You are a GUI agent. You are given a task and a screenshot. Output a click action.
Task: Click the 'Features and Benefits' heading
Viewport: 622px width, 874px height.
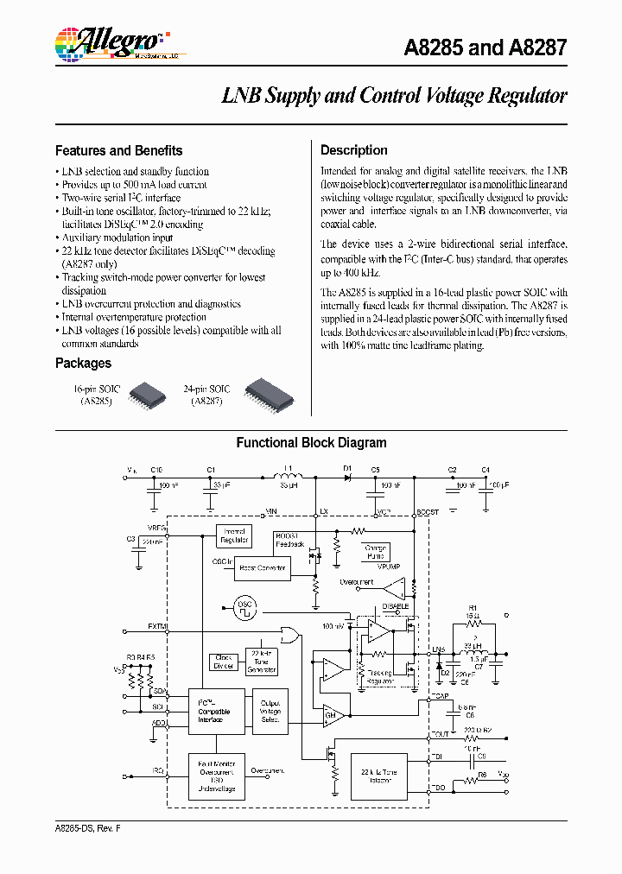[x=118, y=150]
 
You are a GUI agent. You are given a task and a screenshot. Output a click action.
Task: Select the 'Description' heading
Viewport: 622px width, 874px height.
[x=353, y=150]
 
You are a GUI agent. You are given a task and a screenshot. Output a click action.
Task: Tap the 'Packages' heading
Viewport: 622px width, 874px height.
[x=83, y=364]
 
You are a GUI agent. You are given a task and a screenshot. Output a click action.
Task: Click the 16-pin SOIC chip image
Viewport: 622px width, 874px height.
[x=147, y=395]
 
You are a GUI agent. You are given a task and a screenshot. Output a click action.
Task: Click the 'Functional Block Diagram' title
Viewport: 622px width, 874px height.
[x=311, y=443]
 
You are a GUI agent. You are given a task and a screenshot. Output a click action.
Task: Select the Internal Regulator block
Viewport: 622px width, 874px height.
[x=234, y=536]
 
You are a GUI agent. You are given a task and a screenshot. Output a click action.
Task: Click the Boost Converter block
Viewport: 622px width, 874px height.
[x=262, y=567]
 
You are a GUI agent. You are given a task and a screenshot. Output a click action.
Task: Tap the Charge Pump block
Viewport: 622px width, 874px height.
[x=376, y=552]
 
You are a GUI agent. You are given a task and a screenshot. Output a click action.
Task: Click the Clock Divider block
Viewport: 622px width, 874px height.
[x=223, y=662]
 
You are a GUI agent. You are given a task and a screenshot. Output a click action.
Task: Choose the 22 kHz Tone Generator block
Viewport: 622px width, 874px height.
[x=261, y=662]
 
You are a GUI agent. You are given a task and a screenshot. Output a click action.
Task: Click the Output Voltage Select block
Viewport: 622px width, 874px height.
[x=270, y=711]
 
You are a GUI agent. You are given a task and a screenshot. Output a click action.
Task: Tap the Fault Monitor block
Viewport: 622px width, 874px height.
[x=217, y=775]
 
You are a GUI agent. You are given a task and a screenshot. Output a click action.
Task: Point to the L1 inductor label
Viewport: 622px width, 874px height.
[x=289, y=469]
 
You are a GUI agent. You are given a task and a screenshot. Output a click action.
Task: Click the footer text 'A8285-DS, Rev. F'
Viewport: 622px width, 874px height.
[x=91, y=829]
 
